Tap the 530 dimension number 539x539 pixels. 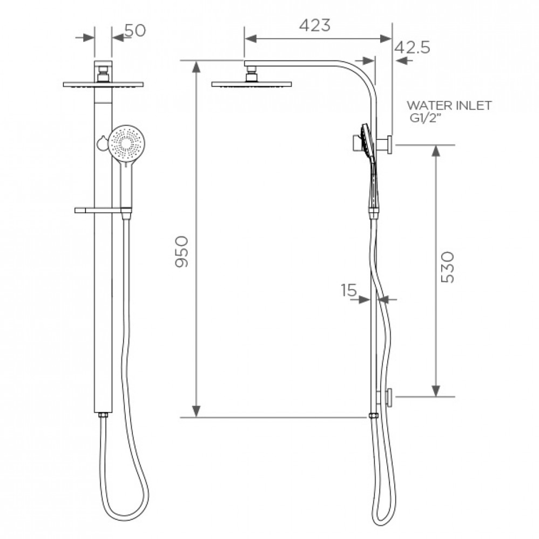point(448,267)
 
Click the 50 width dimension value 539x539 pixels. point(135,30)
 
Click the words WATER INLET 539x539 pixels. point(449,105)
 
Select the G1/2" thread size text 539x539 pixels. point(425,118)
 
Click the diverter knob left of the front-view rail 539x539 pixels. point(102,143)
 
